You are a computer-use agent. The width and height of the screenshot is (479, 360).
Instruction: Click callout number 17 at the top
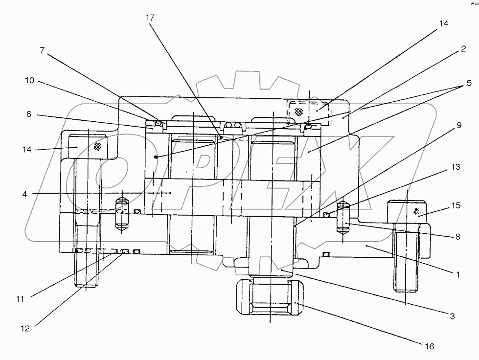[x=150, y=18]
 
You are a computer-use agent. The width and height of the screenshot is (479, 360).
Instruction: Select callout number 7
[x=43, y=50]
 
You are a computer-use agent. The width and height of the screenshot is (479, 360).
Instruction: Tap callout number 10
[x=30, y=81]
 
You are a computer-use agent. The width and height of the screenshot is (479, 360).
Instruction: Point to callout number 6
[x=29, y=114]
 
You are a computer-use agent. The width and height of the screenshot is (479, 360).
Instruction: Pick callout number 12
[x=24, y=329]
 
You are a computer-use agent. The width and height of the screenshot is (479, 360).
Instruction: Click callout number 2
[x=462, y=49]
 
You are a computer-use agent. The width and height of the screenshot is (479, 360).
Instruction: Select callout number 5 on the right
[x=469, y=83]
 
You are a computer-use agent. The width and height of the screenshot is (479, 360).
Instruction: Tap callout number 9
[x=458, y=125]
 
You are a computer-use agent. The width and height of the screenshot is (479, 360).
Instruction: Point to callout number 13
[x=456, y=167]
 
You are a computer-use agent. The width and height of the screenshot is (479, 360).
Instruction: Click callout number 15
[x=456, y=206]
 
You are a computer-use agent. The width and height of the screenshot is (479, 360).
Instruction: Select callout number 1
[x=458, y=275]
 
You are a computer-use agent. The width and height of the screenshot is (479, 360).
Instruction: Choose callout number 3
[x=453, y=316]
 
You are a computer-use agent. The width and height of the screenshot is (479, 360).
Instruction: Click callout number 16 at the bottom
[x=429, y=347]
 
